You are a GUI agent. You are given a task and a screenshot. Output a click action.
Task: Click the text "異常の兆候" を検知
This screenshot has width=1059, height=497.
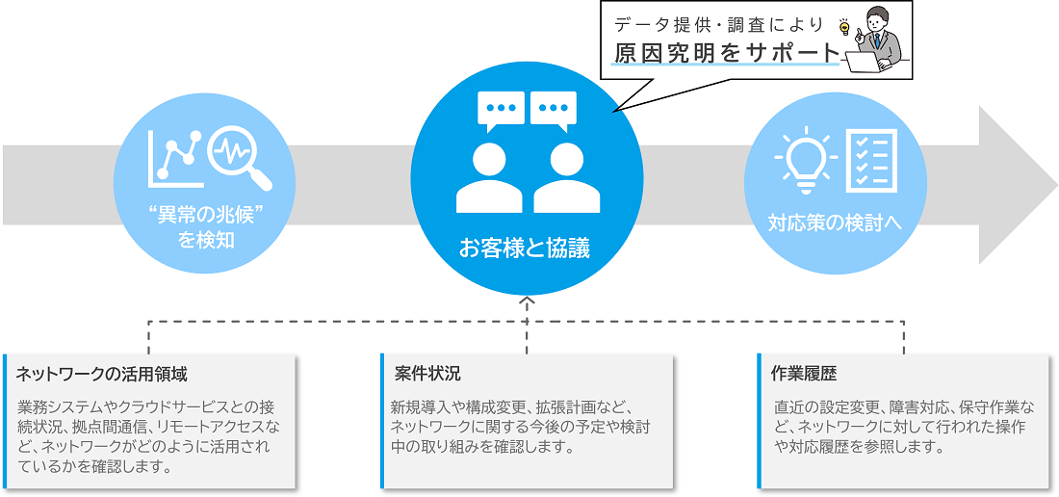pyautogui.click(x=205, y=226)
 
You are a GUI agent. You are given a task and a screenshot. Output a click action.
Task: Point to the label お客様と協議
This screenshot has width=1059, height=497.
pyautogui.click(x=525, y=249)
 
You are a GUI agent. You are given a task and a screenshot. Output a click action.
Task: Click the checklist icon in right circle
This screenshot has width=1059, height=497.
pyautogui.click(x=871, y=160)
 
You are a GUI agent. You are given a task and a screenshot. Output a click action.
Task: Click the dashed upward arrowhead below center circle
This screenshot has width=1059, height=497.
pyautogui.click(x=526, y=301)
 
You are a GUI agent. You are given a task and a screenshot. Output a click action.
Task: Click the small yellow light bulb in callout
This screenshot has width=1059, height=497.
pyautogui.click(x=845, y=27)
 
